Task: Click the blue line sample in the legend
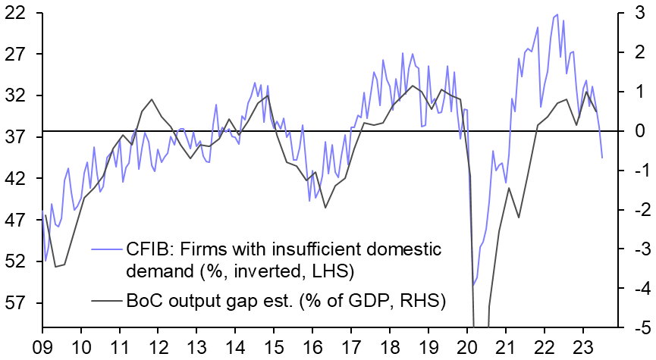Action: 107,249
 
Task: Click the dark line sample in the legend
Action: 107,301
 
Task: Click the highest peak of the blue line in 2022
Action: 557,14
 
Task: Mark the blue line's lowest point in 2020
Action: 473,286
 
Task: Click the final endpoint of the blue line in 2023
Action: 602,158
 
